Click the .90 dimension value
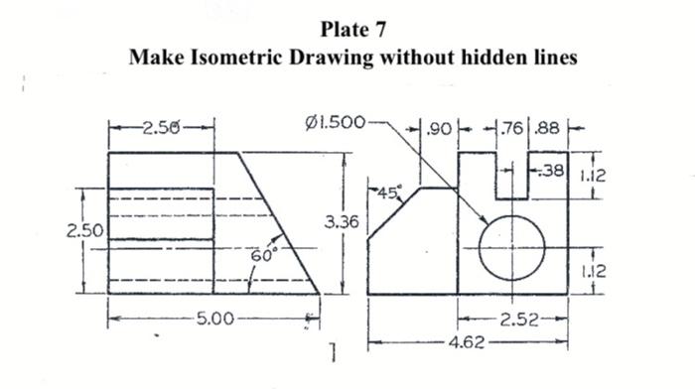tap(437, 128)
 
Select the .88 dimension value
tap(547, 128)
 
